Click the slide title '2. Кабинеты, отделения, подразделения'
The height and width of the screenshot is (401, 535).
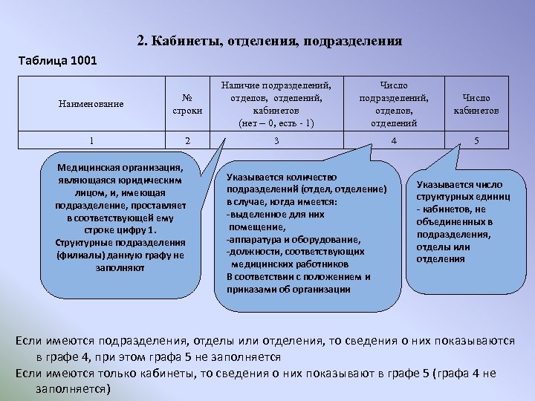[270, 41]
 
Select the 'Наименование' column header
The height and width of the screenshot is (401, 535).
[91, 104]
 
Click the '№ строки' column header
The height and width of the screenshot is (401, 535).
[187, 104]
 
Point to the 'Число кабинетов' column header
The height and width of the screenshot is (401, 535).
[476, 104]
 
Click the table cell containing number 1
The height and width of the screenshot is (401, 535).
[91, 140]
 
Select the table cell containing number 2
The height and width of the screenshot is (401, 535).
[187, 140]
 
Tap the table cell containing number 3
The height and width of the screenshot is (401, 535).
[276, 140]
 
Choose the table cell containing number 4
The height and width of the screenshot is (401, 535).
[394, 140]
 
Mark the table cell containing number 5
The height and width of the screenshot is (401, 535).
[476, 140]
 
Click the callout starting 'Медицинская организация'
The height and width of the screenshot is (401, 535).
[120, 219]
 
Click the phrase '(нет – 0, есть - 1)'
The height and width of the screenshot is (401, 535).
[276, 123]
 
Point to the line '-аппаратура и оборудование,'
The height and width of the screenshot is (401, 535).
[293, 240]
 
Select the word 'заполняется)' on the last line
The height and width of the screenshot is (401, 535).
[67, 388]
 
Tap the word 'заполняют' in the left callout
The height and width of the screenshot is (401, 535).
[120, 268]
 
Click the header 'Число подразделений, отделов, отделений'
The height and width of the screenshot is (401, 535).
[394, 104]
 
